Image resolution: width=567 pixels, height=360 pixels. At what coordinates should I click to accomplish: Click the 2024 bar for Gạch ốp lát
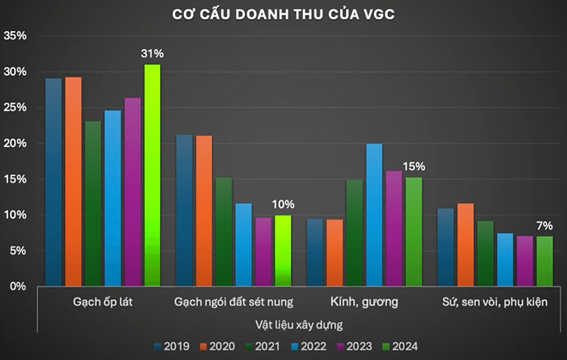(152, 175)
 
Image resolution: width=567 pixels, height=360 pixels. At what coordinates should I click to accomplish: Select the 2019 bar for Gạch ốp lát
(53, 182)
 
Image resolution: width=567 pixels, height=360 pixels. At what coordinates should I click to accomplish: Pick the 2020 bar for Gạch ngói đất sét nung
(204, 210)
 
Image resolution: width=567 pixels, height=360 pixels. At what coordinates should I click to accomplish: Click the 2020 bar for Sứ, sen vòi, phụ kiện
(465, 244)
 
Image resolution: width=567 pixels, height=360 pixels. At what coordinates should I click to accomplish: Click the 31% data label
(152, 54)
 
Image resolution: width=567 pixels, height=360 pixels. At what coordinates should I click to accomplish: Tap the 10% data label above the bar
(282, 204)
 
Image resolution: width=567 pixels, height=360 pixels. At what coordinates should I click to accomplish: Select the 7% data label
(543, 225)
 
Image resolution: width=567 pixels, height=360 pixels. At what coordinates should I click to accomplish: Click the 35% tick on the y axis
(16, 36)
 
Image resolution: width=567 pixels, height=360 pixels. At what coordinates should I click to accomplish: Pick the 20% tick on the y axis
(16, 143)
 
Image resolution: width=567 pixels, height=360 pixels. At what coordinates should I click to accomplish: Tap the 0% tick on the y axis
(19, 286)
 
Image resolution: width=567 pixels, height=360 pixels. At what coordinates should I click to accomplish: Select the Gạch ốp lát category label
(104, 302)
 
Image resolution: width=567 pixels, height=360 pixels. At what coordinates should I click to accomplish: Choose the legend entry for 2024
(406, 346)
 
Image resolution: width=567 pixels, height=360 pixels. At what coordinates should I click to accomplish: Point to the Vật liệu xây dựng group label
(298, 325)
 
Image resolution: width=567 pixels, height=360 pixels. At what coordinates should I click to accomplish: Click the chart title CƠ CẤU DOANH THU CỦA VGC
(283, 15)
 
